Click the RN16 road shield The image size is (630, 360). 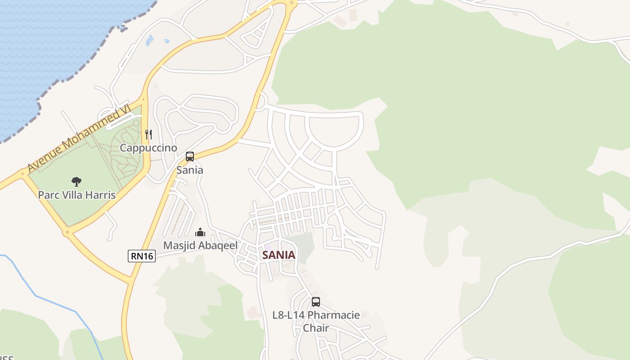click(x=142, y=256)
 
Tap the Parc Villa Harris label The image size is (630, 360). click(x=77, y=195)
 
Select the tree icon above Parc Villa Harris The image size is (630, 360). click(x=76, y=182)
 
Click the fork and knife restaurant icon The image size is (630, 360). click(x=148, y=134)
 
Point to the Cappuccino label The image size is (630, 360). click(x=148, y=148)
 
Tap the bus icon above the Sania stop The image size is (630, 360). click(x=190, y=157)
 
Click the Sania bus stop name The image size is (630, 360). click(x=190, y=170)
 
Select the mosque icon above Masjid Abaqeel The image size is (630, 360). click(x=200, y=232)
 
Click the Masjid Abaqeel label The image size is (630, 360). click(x=200, y=245)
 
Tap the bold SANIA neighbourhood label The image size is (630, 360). click(x=279, y=255)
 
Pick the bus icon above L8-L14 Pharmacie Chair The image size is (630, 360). click(x=316, y=302)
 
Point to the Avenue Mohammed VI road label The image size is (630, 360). click(x=79, y=139)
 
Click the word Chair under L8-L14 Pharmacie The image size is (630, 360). click(x=316, y=328)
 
